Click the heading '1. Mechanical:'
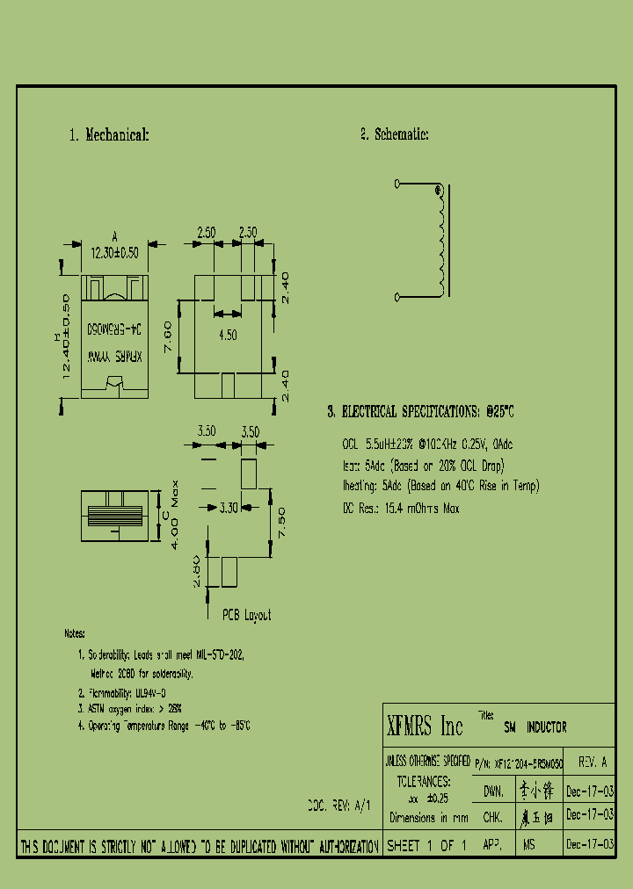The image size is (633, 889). pos(109,135)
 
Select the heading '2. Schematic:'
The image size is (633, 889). pos(394,134)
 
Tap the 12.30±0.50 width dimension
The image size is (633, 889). pos(114,251)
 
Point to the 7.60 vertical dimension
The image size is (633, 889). pos(168,335)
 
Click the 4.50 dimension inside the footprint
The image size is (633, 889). pos(228,335)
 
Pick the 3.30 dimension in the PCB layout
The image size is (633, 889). pos(227,508)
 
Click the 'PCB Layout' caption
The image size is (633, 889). pos(246,615)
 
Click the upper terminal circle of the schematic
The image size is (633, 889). pos(397,184)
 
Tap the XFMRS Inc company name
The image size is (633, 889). pos(425,726)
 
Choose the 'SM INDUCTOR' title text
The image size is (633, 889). pos(535,727)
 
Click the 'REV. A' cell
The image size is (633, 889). pos(592,763)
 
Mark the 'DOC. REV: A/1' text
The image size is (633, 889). pos(339,805)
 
